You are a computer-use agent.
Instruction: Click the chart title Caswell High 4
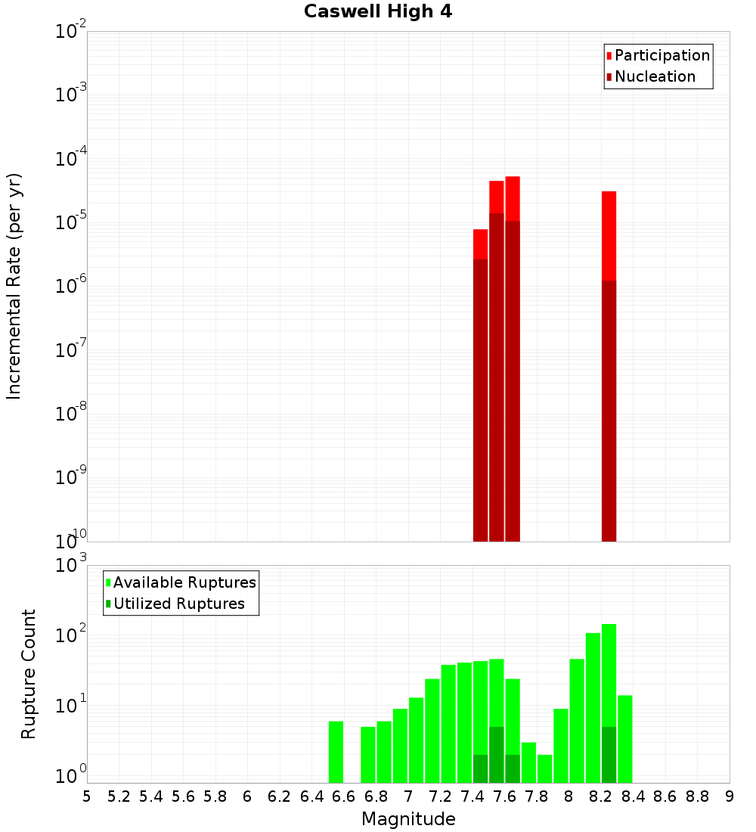click(x=378, y=12)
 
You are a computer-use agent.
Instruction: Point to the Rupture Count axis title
click(x=29, y=674)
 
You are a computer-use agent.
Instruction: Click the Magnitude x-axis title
click(x=408, y=819)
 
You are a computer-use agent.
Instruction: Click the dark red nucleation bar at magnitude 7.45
click(x=480, y=401)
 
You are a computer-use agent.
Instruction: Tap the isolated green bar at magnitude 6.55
click(x=336, y=752)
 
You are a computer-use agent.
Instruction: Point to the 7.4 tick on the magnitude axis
click(x=472, y=796)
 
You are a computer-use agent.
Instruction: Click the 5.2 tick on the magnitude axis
click(x=119, y=796)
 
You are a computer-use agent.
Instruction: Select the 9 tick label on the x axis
click(x=730, y=796)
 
